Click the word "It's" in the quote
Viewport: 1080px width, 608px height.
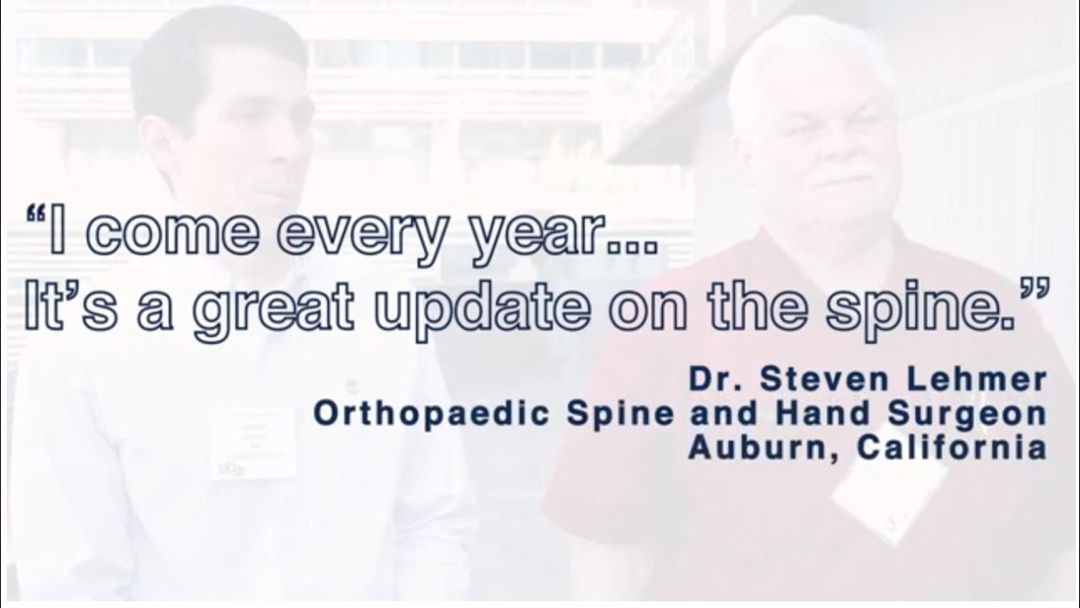(x=75, y=308)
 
